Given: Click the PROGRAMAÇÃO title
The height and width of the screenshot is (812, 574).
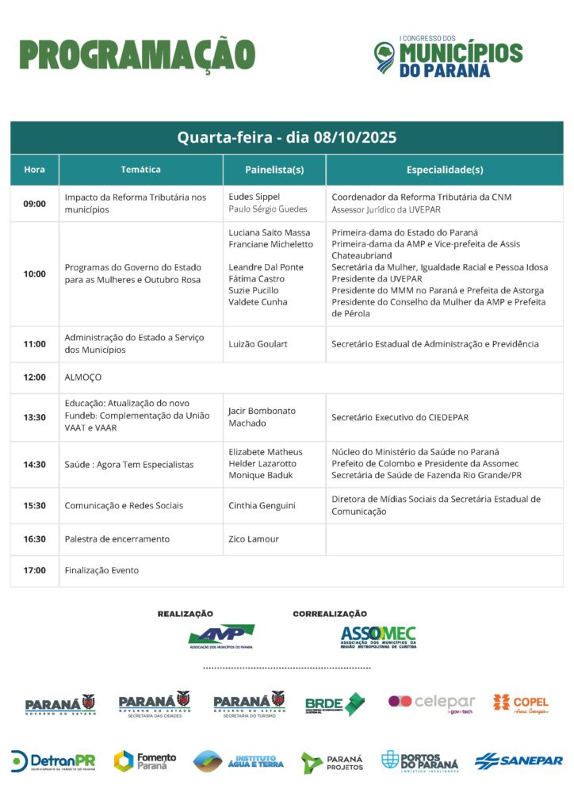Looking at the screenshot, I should click(137, 56).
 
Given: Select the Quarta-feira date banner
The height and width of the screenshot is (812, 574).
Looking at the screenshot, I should click(286, 137).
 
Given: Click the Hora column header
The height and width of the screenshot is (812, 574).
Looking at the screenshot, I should click(35, 170).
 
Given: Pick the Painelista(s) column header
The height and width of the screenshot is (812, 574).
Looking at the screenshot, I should click(274, 170).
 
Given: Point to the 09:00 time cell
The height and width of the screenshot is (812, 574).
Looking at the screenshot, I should click(35, 204).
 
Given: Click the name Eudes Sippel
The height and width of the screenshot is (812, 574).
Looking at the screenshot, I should click(254, 197).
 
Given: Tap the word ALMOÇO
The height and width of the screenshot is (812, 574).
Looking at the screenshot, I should click(82, 377).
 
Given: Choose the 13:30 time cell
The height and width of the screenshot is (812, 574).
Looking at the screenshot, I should click(35, 417).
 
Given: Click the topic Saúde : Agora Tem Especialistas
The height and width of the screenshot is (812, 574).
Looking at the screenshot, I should click(129, 465).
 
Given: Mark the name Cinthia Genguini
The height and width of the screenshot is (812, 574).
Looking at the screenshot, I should click(262, 506).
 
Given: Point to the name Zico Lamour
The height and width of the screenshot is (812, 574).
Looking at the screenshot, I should click(254, 539).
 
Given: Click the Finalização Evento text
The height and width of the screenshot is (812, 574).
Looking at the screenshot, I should click(101, 570).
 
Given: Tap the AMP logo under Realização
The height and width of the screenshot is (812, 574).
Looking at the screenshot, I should click(220, 636).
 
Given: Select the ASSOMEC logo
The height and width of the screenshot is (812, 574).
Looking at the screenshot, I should click(378, 637).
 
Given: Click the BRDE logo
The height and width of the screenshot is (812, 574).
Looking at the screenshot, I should click(335, 704).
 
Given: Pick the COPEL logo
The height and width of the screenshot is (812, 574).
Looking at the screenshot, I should click(520, 703).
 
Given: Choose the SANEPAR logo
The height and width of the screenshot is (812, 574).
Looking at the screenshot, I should click(519, 761).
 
